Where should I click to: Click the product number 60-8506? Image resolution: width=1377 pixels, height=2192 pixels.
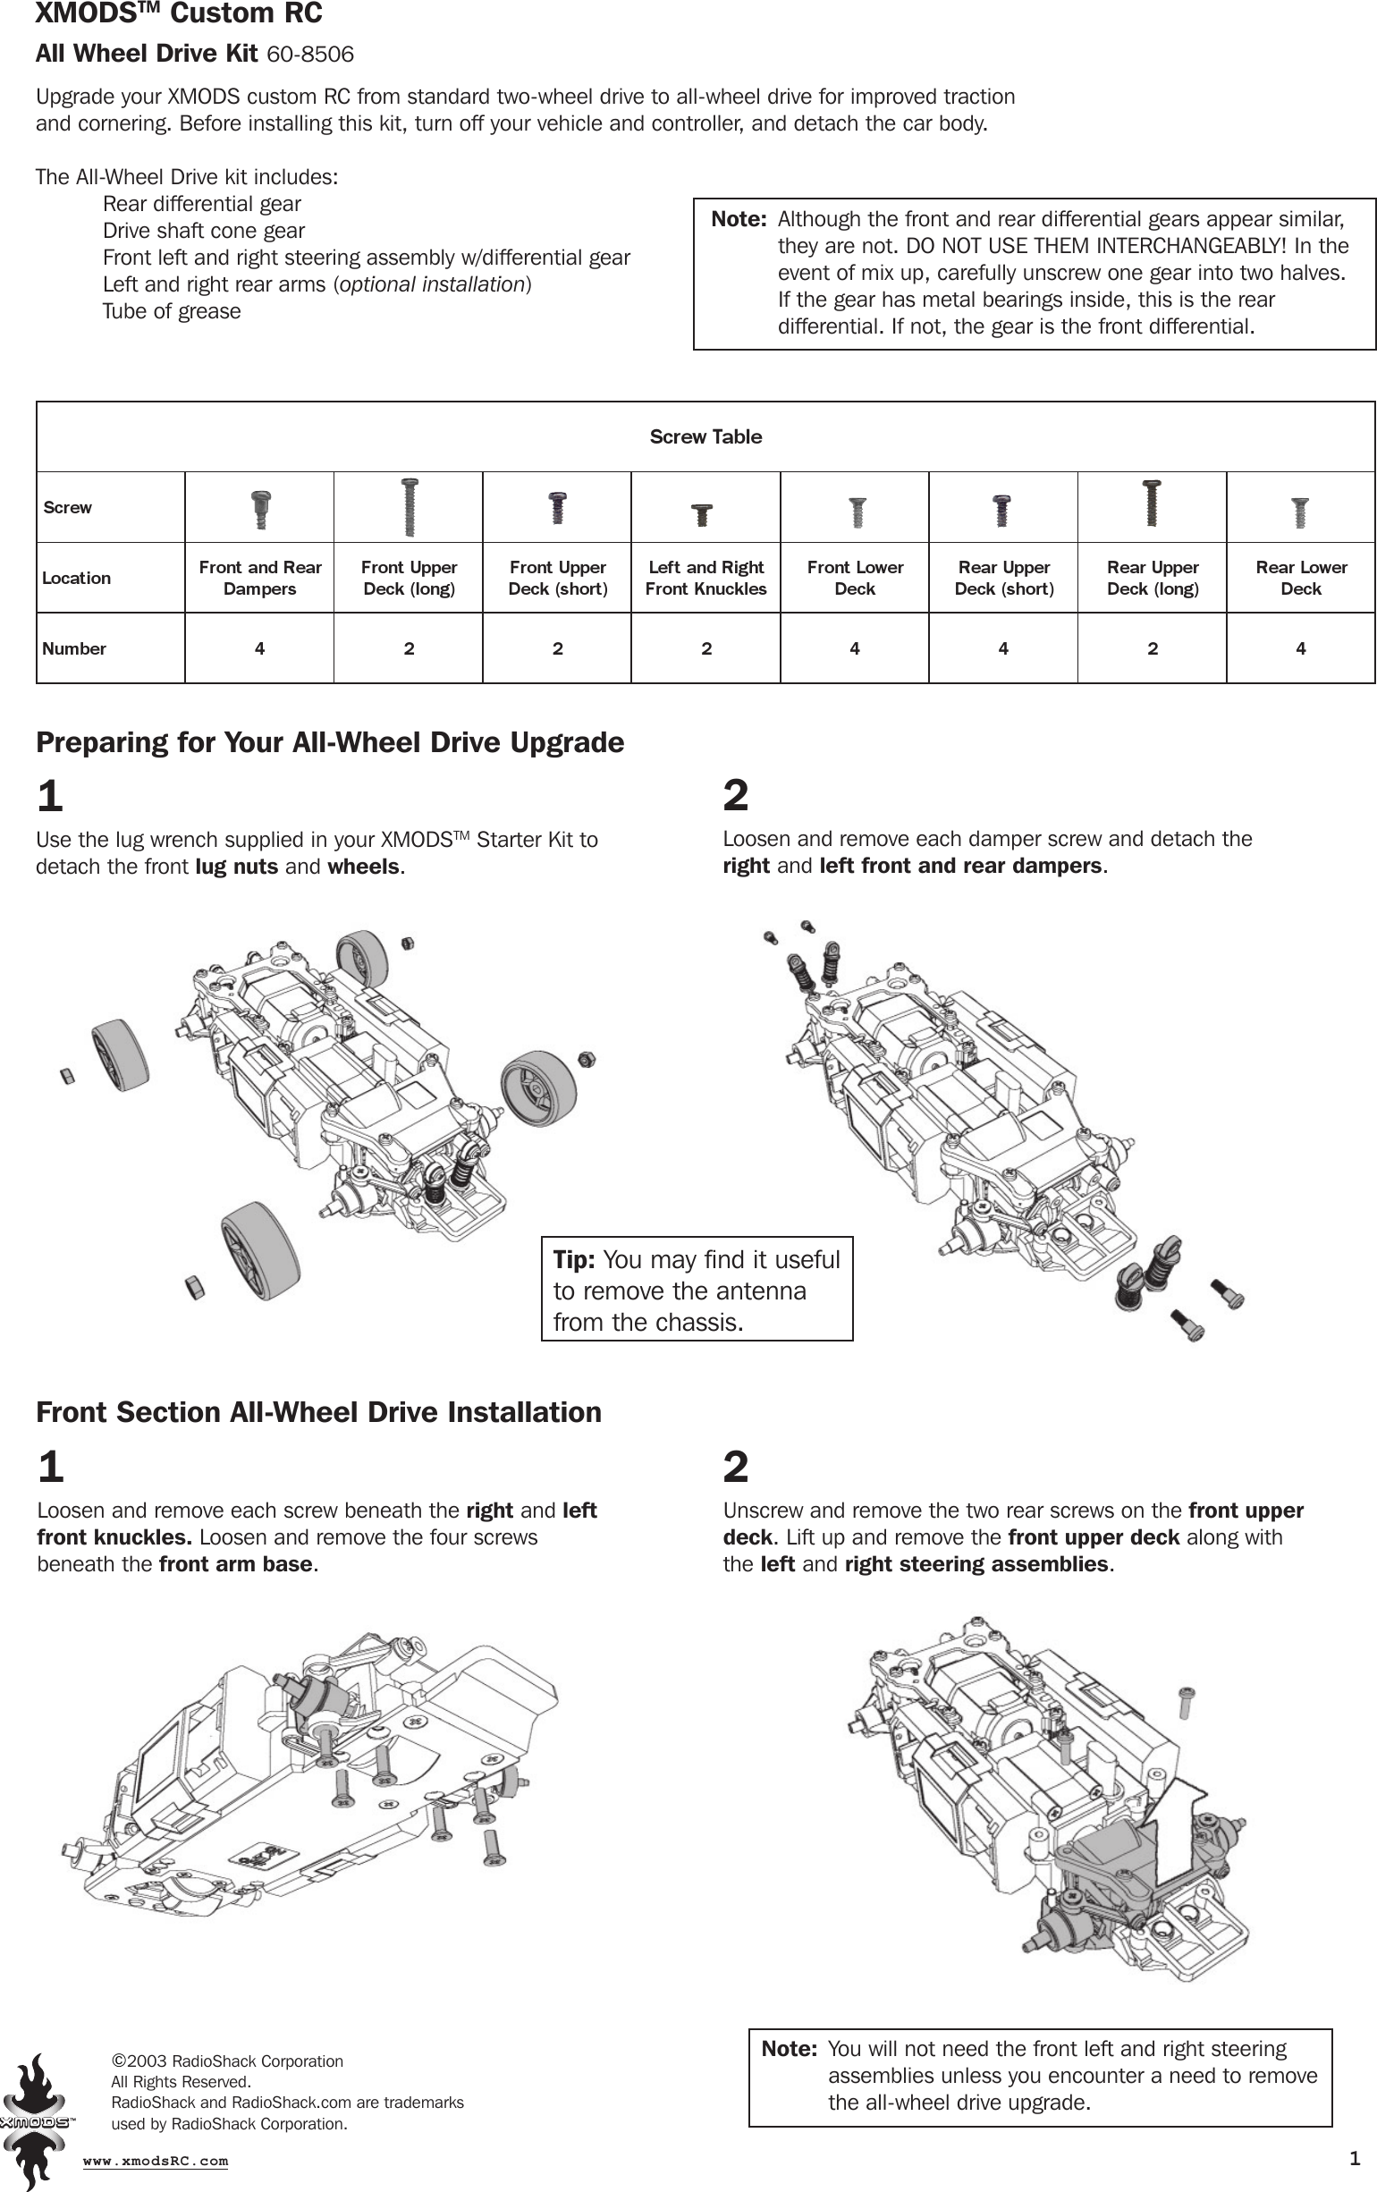pos(309,55)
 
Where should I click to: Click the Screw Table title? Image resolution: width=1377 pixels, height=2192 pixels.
pos(705,437)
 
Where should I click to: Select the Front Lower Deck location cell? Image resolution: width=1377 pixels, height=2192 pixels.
pos(855,578)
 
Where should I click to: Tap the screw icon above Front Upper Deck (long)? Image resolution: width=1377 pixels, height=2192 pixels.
pos(410,508)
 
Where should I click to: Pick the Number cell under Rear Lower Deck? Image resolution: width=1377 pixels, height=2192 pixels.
pos(1301,648)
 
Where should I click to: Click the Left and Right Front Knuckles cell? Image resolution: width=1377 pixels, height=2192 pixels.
pos(705,578)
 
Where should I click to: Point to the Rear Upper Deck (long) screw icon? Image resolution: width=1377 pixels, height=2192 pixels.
pos(1152,504)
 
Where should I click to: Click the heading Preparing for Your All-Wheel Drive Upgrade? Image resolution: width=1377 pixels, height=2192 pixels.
pos(329,743)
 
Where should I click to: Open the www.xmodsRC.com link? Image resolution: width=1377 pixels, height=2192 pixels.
pos(156,2161)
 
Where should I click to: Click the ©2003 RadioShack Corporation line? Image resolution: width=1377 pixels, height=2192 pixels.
pos(227,2061)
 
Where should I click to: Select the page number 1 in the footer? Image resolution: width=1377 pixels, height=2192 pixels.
pos(1355,2158)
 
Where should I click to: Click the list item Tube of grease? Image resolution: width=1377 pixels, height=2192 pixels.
pos(171,311)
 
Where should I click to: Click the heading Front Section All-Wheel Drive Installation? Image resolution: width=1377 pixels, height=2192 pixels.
pos(318,1412)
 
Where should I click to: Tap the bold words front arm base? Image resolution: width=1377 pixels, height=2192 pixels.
pos(235,1564)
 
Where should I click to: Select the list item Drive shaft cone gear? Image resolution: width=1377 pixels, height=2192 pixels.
pos(203,232)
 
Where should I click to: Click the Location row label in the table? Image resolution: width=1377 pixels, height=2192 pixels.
pos(76,578)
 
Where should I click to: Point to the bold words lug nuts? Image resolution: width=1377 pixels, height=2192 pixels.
pos(237,867)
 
